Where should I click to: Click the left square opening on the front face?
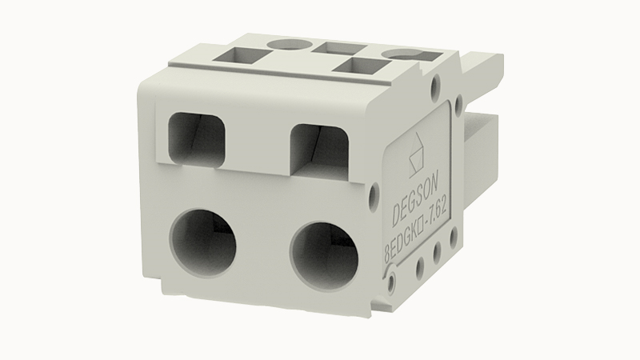point(197,139)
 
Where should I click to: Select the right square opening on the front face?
point(319,150)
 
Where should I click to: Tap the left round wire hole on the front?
point(203,243)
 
